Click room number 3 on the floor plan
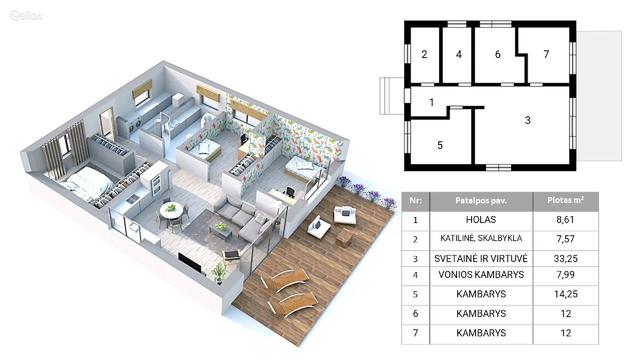pos(527,120)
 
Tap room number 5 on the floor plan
pos(440,145)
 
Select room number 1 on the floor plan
pos(431,102)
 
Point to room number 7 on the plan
pos(546,54)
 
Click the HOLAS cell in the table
pos(481,220)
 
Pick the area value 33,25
pos(566,259)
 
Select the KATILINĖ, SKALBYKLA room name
pos(481,238)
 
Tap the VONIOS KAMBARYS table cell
pos(481,275)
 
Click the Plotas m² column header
pos(566,200)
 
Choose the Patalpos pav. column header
pos(481,201)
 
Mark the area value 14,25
pos(566,294)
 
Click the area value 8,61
pos(565,220)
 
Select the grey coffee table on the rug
pos(220,230)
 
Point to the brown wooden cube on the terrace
pos(344,239)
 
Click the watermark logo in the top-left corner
pos(26,16)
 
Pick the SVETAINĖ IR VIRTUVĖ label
pos(481,259)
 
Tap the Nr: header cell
pos(415,201)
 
